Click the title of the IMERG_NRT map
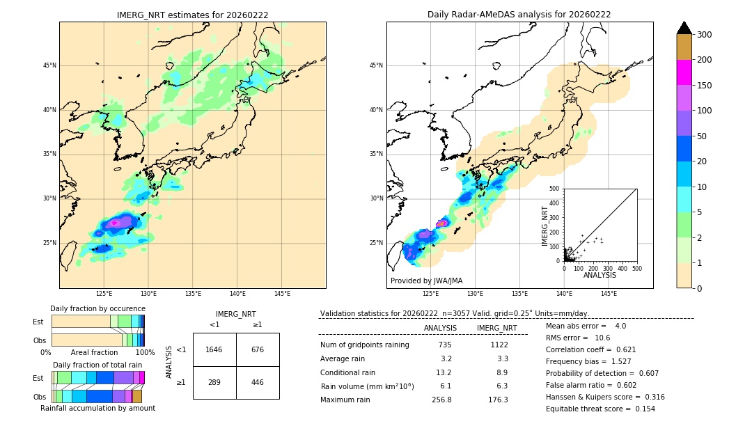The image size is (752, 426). (192, 15)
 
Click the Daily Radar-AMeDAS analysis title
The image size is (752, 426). (519, 15)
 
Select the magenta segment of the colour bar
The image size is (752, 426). (684, 72)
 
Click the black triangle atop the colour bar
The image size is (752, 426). (684, 28)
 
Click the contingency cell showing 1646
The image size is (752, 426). (214, 349)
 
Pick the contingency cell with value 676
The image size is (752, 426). (258, 349)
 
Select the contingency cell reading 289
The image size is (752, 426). (214, 382)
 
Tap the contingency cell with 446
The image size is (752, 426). (258, 382)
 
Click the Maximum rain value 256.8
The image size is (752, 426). (441, 400)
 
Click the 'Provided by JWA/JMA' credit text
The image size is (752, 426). (426, 281)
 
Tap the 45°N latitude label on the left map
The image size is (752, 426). (49, 65)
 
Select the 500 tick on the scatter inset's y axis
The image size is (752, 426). (554, 189)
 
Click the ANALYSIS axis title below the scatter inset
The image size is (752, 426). (600, 275)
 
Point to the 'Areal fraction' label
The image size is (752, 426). (95, 352)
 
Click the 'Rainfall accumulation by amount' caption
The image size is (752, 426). (97, 408)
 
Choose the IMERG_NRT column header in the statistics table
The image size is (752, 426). (496, 328)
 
